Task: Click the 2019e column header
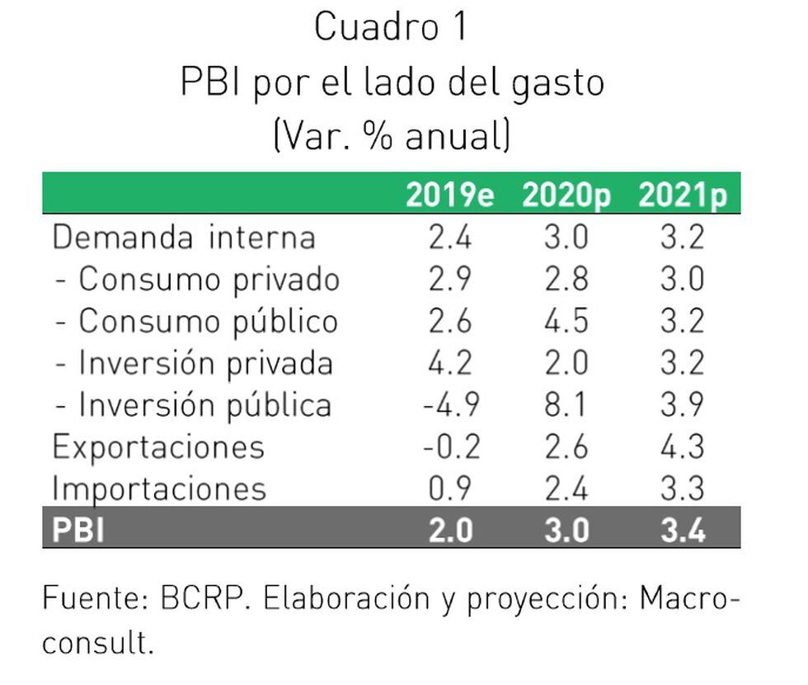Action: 449,196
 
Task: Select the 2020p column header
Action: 566,196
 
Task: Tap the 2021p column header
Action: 683,196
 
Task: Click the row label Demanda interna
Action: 184,238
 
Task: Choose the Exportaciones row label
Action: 158,446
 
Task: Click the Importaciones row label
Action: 159,489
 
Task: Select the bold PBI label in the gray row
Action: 78,530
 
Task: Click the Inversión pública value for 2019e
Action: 450,405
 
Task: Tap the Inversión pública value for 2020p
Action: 566,405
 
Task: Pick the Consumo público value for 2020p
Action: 566,321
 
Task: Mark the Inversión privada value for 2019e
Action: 450,363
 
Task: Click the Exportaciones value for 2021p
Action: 683,446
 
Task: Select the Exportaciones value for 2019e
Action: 450,446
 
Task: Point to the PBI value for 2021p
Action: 683,530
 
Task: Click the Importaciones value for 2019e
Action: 450,489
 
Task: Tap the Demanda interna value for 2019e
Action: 450,238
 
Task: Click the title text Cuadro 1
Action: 391,28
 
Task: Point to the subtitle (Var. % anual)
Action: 392,135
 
